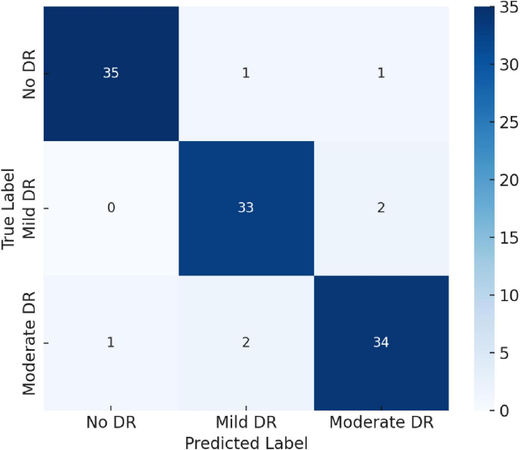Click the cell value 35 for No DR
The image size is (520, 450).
pyautogui.click(x=111, y=73)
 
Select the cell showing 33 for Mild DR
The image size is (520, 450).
pyautogui.click(x=246, y=208)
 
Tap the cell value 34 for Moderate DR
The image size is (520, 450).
pyautogui.click(x=381, y=342)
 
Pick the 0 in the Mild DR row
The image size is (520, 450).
pyautogui.click(x=111, y=208)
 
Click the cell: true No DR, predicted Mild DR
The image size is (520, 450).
pyautogui.click(x=246, y=73)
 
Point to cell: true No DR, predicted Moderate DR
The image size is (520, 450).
pyautogui.click(x=381, y=73)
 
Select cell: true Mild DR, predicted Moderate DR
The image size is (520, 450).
pyautogui.click(x=381, y=208)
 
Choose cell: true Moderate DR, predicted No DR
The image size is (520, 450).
pyautogui.click(x=111, y=342)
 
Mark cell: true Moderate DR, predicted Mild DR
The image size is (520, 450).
pyautogui.click(x=246, y=342)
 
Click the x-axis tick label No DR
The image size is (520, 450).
pyautogui.click(x=111, y=422)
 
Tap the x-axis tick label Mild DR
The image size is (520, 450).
pyautogui.click(x=246, y=422)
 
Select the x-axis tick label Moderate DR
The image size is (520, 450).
pyautogui.click(x=381, y=422)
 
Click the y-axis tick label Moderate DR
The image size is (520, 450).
pyautogui.click(x=29, y=343)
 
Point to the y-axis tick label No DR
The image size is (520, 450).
pyautogui.click(x=29, y=74)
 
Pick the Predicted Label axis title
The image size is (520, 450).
pyautogui.click(x=246, y=442)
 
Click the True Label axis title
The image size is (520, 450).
pyautogui.click(x=8, y=209)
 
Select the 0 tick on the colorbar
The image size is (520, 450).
pyautogui.click(x=504, y=411)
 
